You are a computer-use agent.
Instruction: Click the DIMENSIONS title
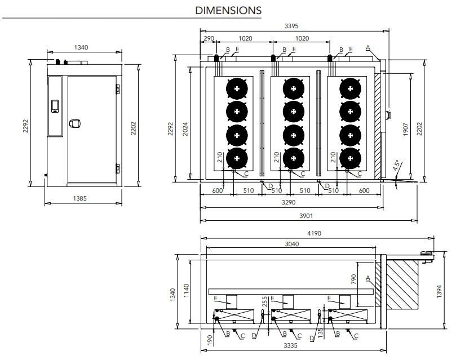[x=228, y=10]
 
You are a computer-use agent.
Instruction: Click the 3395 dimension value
[x=291, y=25]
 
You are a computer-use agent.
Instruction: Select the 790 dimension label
[x=353, y=279]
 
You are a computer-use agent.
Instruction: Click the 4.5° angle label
[x=397, y=166]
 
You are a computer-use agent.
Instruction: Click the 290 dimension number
[x=209, y=39]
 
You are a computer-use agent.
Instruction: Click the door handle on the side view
[x=74, y=122]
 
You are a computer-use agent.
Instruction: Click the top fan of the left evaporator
[x=237, y=89]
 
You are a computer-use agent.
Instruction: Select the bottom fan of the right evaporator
[x=351, y=158]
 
